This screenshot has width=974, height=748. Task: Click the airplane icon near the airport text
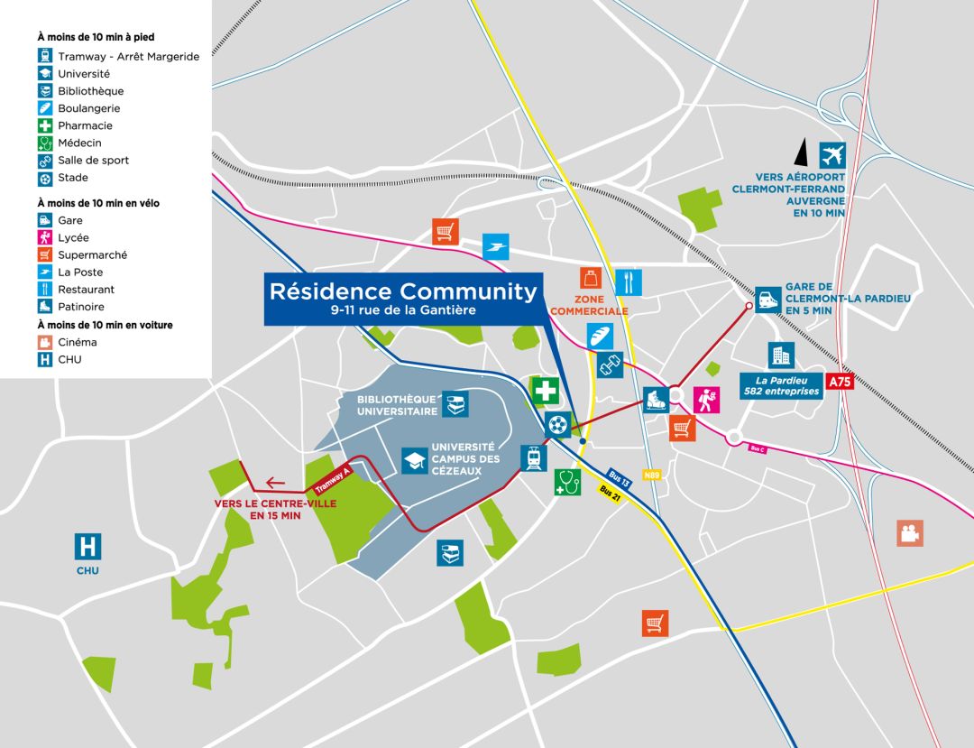coord(832,154)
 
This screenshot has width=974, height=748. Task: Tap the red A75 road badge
coord(840,382)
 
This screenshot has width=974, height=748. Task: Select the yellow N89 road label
coord(652,474)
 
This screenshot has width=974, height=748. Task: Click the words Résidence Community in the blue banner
coord(403,291)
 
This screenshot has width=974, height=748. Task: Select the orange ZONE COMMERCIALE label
coord(589,305)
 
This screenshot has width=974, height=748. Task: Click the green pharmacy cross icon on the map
coord(544,392)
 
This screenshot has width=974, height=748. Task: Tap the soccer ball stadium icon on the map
coord(558,423)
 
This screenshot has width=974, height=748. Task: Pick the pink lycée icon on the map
coord(706,399)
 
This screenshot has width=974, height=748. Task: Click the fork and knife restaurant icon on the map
coord(629,282)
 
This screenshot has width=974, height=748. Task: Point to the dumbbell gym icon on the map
coord(611,365)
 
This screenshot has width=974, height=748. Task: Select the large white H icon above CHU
coord(87,547)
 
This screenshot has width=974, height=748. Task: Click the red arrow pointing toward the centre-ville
coord(276,483)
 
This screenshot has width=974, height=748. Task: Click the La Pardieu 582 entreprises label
coord(781,385)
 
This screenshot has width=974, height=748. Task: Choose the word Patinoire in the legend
coord(80,307)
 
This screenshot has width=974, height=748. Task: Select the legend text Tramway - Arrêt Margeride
coord(128,56)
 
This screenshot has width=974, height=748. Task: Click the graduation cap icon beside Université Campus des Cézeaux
coord(414,461)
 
